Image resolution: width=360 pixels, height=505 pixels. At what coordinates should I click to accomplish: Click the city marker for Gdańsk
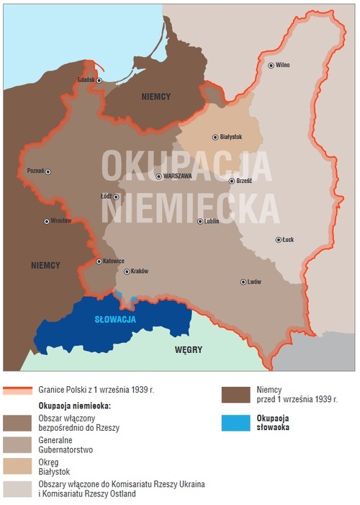coord(99,81)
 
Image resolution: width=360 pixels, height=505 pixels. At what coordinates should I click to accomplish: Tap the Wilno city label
coord(282,65)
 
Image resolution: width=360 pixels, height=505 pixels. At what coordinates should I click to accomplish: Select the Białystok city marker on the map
coord(215,137)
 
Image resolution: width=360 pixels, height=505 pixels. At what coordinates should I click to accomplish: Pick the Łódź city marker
coord(116,197)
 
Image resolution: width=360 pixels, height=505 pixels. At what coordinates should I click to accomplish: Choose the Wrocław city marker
coord(47,221)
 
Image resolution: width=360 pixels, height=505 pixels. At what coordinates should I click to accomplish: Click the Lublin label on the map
coord(212,221)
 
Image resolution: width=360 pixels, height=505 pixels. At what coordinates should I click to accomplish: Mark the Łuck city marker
coord(278,240)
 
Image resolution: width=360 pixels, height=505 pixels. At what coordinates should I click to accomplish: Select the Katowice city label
coord(114,261)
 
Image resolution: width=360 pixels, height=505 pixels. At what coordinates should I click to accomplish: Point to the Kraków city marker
coord(127,272)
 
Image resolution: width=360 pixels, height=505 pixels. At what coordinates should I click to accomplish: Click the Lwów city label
coord(253,282)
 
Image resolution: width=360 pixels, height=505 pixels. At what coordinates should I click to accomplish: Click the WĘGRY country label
coord(188,350)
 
